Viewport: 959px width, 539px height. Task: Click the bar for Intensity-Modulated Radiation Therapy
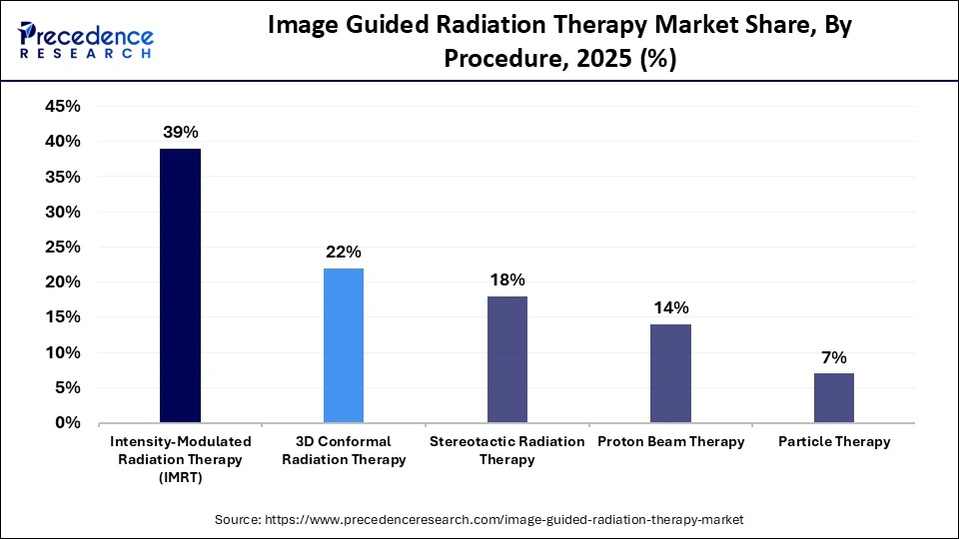[x=180, y=285]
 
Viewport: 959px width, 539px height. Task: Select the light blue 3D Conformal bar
[x=344, y=345]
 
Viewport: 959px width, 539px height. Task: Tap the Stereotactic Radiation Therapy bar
[x=506, y=359]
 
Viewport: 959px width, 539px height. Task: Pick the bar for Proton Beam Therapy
[x=670, y=373]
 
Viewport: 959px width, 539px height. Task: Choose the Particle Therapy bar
[x=834, y=397]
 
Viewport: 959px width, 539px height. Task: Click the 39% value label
[x=180, y=131]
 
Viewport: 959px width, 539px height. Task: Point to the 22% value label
[x=344, y=251]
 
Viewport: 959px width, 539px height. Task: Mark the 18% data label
[x=506, y=279]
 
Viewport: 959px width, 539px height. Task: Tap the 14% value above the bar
[x=670, y=307]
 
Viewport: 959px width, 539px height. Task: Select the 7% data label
[x=834, y=356]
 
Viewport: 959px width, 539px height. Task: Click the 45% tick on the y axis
[x=63, y=107]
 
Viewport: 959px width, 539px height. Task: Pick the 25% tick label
[x=63, y=248]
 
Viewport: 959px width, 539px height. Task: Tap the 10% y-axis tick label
[x=63, y=353]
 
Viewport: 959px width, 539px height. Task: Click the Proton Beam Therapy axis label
[x=670, y=441]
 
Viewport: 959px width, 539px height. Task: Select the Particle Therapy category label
[x=834, y=441]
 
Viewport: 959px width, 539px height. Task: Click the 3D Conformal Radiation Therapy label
[x=344, y=450]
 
